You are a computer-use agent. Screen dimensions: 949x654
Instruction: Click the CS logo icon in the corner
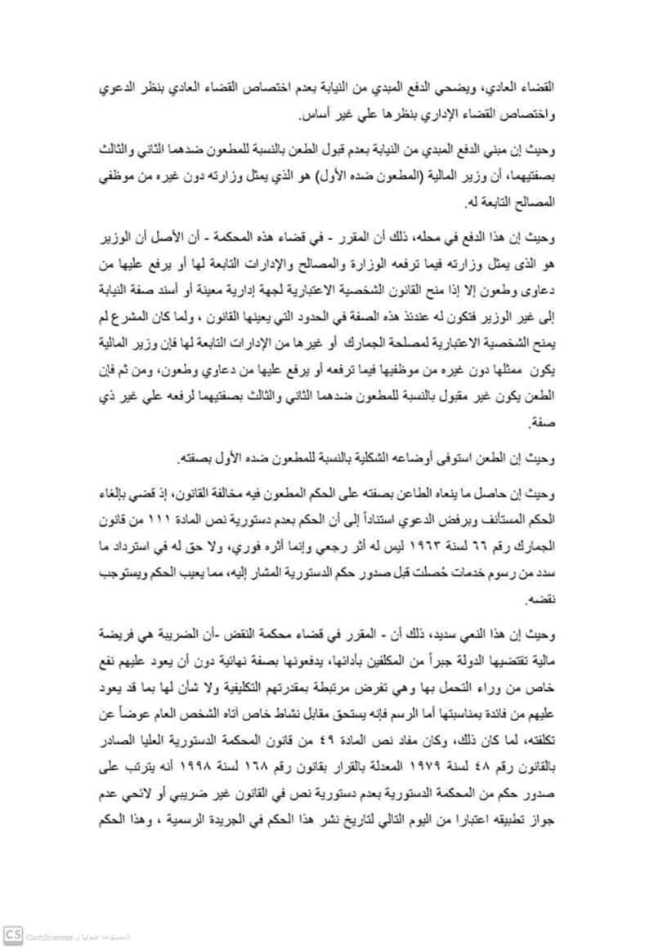12,934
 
